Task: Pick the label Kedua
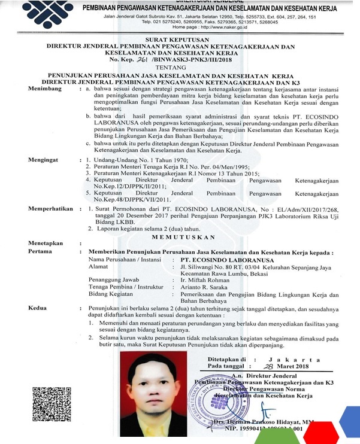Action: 39,308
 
